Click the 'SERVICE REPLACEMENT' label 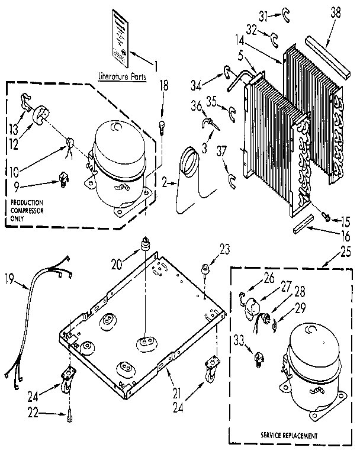(x=290, y=435)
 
